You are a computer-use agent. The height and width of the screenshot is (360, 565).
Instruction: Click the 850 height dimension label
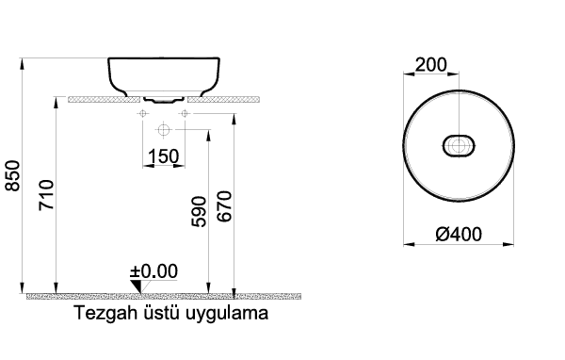(13, 175)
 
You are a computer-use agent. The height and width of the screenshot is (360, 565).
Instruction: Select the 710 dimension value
(46, 195)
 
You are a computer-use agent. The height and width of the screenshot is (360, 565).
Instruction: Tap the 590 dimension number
(199, 211)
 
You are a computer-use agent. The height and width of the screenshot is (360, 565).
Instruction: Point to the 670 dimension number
(224, 206)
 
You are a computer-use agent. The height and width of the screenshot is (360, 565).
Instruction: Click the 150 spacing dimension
(163, 156)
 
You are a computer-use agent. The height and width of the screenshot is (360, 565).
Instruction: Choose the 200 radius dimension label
(431, 65)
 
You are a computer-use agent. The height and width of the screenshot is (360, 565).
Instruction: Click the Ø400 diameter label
(459, 235)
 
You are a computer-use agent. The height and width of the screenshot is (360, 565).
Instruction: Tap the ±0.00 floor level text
(153, 271)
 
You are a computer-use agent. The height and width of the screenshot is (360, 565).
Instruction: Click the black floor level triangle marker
(137, 286)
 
